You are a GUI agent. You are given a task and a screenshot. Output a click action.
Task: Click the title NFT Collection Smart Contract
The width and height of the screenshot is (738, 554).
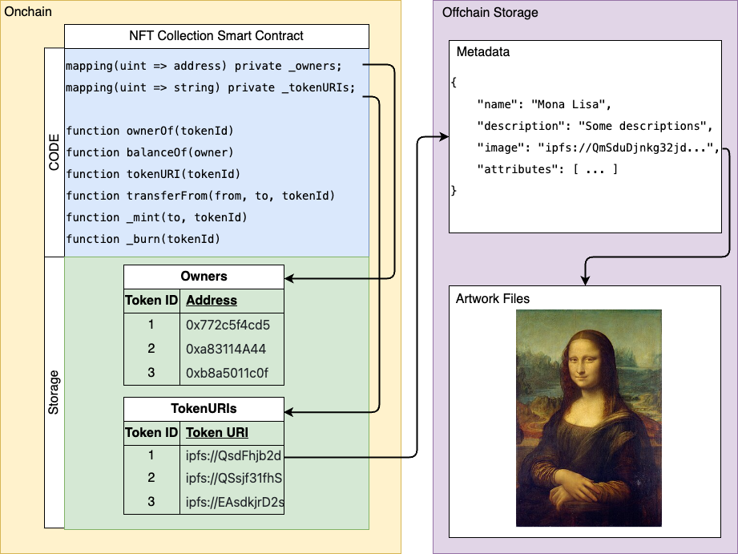(x=216, y=36)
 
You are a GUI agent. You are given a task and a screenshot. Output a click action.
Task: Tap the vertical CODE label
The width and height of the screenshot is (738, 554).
(x=54, y=152)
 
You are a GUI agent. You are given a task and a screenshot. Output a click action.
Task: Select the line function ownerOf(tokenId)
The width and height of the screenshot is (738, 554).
(x=150, y=131)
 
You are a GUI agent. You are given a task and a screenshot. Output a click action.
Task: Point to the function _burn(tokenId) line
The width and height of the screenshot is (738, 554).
(x=143, y=239)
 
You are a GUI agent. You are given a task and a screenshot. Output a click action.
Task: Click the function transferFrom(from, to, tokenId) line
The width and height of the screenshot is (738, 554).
(x=200, y=196)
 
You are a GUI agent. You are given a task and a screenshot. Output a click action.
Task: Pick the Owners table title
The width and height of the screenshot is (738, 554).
(x=204, y=277)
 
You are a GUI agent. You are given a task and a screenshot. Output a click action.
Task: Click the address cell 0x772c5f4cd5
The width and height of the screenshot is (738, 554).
(x=228, y=326)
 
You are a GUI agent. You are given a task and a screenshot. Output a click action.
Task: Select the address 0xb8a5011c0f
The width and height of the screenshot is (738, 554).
(x=228, y=374)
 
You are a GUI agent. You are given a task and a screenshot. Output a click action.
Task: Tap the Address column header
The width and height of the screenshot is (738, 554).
(x=212, y=301)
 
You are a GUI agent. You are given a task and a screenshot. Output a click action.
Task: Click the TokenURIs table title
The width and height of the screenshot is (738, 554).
(x=204, y=408)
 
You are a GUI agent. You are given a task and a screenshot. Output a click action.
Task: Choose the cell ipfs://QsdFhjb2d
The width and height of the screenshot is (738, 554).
(x=233, y=456)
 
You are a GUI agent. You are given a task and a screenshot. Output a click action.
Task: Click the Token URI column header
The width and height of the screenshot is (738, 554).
(x=217, y=433)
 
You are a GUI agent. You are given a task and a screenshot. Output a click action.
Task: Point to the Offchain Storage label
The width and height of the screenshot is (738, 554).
(x=490, y=13)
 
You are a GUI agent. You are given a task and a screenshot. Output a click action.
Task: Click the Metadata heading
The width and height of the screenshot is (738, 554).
(x=483, y=52)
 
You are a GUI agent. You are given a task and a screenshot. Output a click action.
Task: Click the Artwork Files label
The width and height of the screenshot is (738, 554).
(x=493, y=299)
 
